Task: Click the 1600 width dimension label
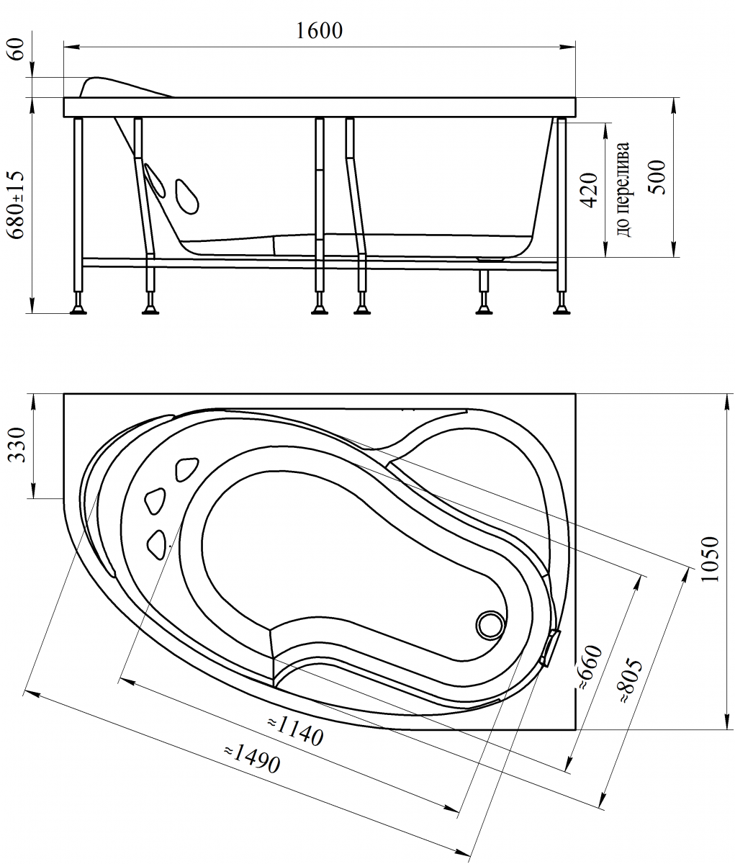pos(319,30)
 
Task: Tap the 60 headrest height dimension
pos(17,49)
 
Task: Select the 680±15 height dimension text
pos(17,204)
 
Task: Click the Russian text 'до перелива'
pos(623,189)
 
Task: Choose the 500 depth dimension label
pos(657,177)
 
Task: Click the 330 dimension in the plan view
pos(17,444)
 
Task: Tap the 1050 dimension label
pos(710,559)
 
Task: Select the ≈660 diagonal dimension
pos(590,668)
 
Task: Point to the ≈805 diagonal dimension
pos(630,681)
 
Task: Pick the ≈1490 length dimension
pos(252,759)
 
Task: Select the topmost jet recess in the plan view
pos(186,469)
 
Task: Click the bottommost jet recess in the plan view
pos(157,545)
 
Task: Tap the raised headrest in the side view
pos(125,87)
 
